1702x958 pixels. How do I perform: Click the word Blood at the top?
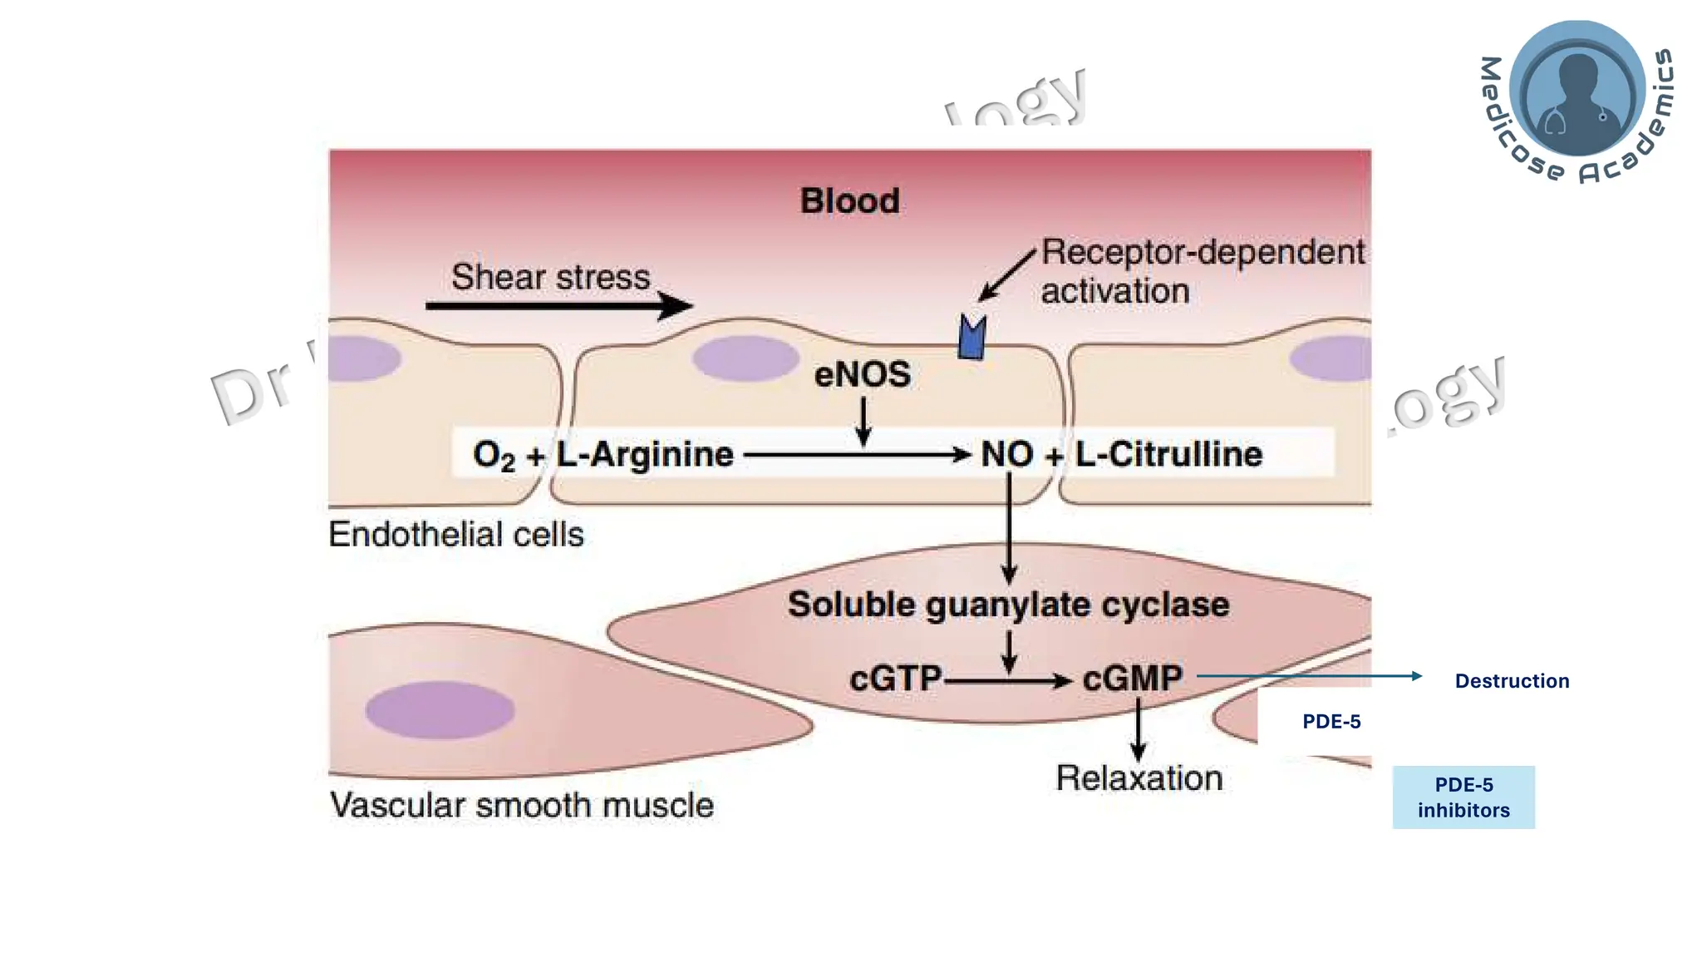pos(849,201)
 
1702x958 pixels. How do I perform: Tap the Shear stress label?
pos(550,277)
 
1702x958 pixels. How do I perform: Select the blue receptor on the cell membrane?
pos(972,338)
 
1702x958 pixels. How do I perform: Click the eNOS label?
pos(862,374)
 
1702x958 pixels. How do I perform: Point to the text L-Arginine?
pos(645,454)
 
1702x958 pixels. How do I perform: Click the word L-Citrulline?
pos(1168,454)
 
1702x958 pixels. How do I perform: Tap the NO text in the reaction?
pos(1006,454)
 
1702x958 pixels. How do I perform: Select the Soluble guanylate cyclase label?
pos(1008,605)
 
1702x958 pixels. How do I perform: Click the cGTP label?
pos(895,679)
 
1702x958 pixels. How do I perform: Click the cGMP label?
pos(1132,679)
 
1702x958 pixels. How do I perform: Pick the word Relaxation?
pos(1139,778)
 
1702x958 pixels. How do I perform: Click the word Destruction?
pos(1512,681)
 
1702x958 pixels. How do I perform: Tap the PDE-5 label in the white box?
pos(1331,721)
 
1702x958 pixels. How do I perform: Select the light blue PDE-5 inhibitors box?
pos(1463,797)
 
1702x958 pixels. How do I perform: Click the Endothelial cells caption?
pos(455,534)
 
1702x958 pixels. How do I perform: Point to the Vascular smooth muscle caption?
pos(522,805)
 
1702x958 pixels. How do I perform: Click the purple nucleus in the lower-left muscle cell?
pos(440,710)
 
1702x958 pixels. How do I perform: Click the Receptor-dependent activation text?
pos(1201,271)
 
